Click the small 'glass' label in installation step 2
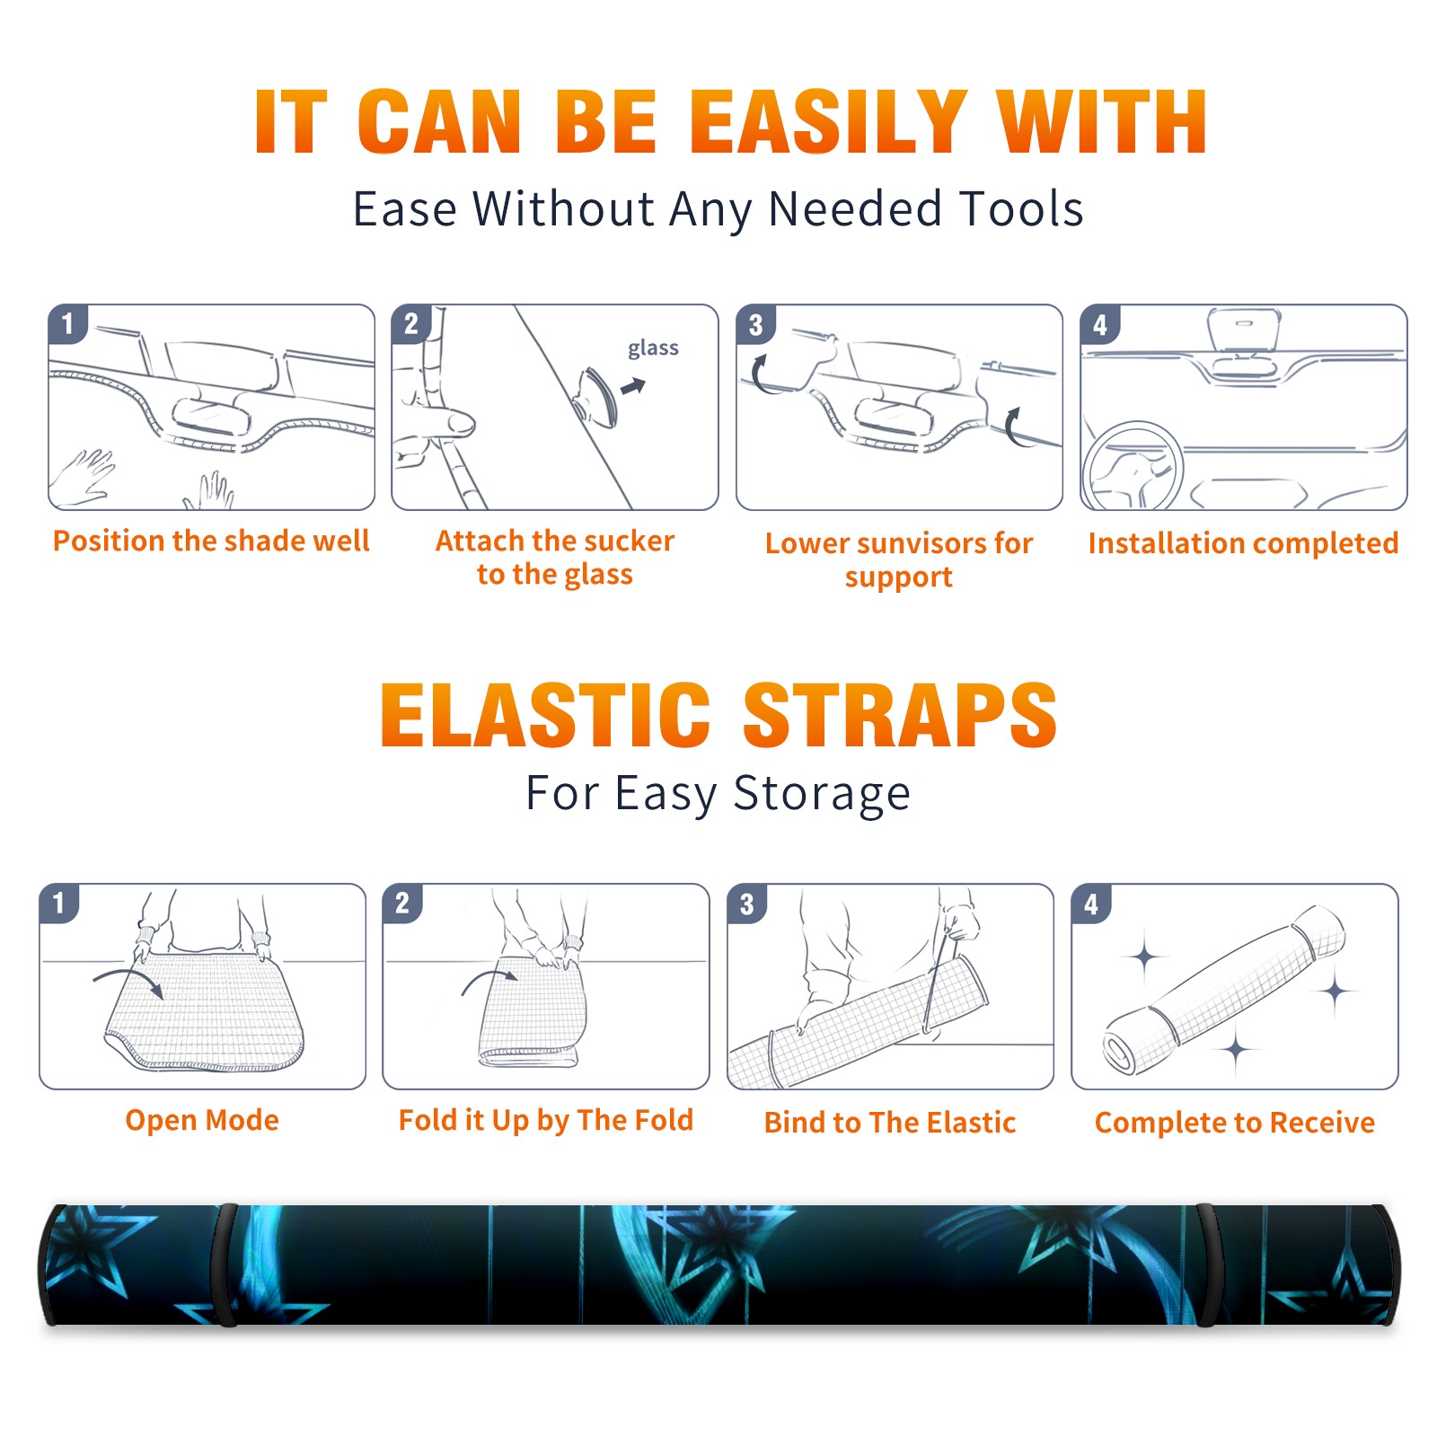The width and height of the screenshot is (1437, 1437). point(653,348)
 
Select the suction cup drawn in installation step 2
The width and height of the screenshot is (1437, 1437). point(598,395)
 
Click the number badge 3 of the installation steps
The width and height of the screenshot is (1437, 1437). point(755,324)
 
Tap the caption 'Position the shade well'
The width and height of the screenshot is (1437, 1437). point(211,541)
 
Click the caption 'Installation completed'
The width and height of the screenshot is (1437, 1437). point(1243,543)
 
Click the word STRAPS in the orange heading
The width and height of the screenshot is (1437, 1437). point(900,715)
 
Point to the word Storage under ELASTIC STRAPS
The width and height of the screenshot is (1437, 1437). point(822,794)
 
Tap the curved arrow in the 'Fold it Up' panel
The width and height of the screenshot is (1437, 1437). point(489,981)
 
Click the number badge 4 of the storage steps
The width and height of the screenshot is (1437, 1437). point(1091,904)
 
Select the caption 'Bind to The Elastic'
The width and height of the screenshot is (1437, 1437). point(890,1123)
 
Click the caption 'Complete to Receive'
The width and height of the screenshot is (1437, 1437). point(1235,1123)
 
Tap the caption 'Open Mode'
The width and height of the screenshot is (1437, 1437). point(202,1120)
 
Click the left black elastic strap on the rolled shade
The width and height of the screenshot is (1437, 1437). point(225,1265)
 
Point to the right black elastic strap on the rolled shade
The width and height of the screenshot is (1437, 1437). point(1208,1265)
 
